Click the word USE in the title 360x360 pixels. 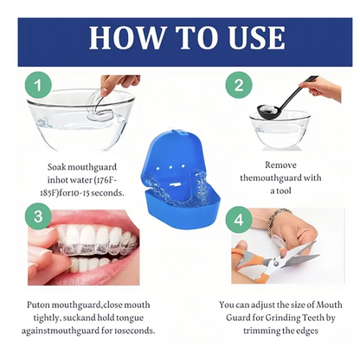pyautogui.click(x=252, y=37)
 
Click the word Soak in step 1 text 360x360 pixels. pyautogui.click(x=59, y=169)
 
